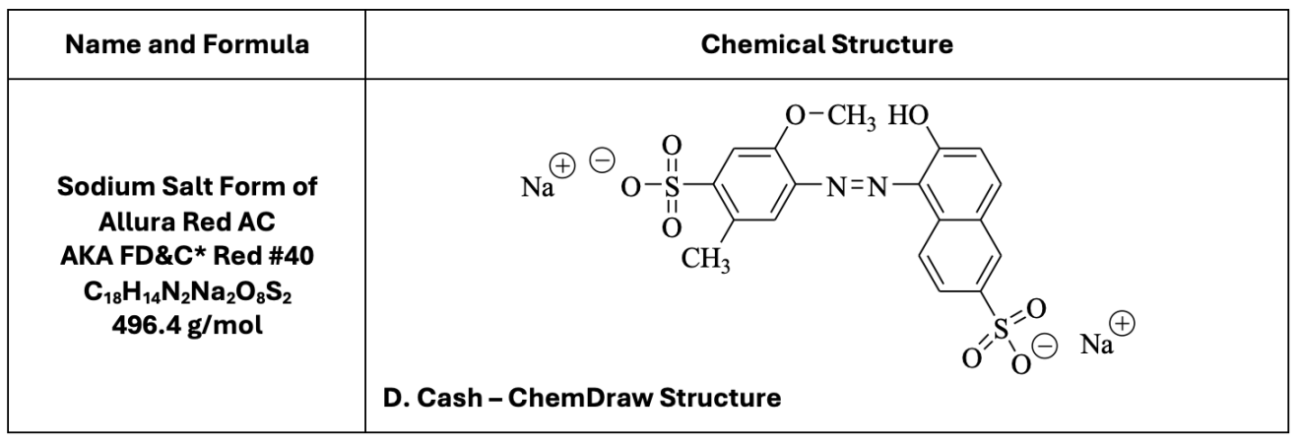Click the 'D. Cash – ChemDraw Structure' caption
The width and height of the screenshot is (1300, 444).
click(580, 400)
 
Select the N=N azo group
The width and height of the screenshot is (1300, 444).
click(844, 184)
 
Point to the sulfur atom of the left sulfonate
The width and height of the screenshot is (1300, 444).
click(672, 184)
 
